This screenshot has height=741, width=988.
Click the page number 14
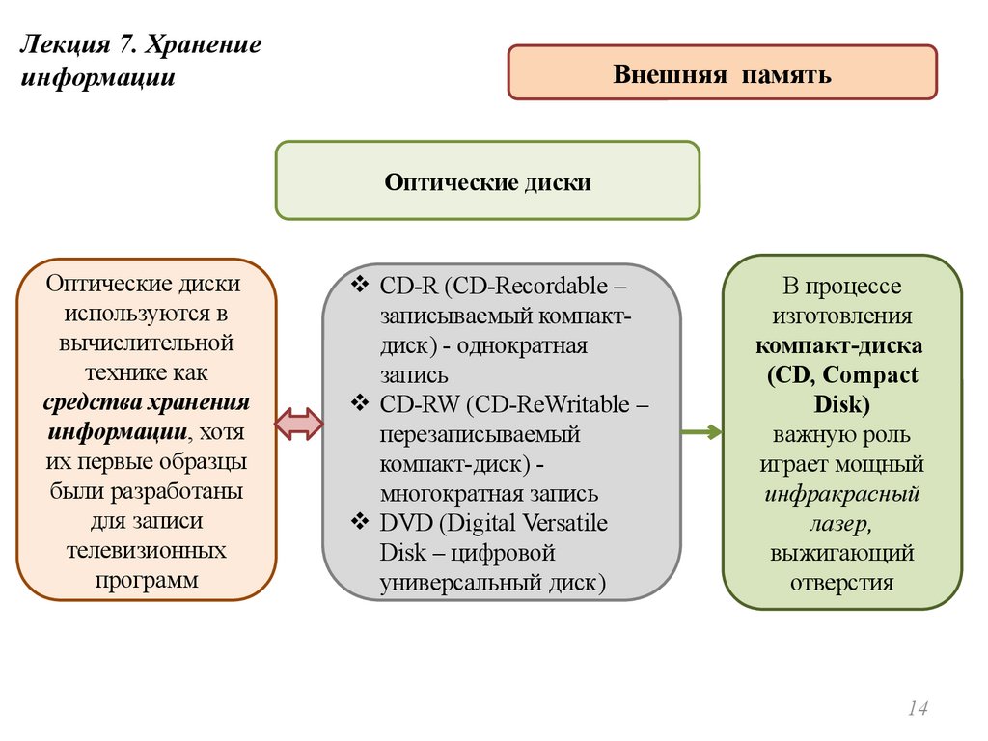[917, 709]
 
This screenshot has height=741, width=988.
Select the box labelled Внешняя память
[722, 72]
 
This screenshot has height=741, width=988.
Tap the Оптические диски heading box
[487, 180]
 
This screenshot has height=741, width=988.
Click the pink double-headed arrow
[299, 422]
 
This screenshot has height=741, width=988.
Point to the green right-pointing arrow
[700, 432]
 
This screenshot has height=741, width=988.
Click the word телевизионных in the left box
[147, 551]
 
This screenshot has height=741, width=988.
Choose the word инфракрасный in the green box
[841, 495]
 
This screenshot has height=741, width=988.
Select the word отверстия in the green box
[841, 582]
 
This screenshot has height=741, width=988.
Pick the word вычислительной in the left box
[147, 343]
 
